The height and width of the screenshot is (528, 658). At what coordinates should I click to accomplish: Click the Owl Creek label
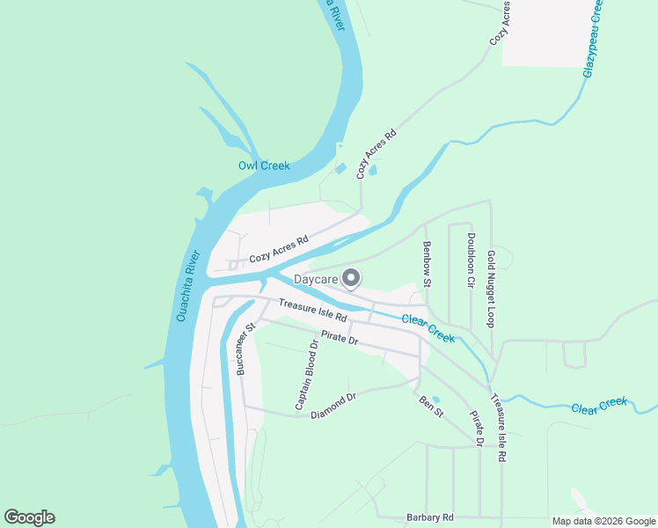click(x=264, y=165)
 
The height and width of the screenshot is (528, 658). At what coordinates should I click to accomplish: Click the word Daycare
click(x=316, y=280)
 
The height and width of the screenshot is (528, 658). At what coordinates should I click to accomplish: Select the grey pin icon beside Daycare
click(x=351, y=278)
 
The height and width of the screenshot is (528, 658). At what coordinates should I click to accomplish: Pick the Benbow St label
click(x=427, y=265)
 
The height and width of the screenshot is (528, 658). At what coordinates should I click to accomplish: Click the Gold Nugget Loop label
click(x=491, y=289)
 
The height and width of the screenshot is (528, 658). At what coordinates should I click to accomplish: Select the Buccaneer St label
click(x=245, y=349)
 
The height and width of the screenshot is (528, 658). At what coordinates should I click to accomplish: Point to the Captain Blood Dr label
click(x=305, y=374)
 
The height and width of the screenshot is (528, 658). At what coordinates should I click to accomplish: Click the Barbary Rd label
click(x=429, y=517)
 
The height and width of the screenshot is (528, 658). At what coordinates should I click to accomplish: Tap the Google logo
click(x=29, y=517)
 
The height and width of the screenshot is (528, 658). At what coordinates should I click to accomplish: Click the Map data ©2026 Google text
click(x=604, y=521)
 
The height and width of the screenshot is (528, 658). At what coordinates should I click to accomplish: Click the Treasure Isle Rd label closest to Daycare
click(x=313, y=310)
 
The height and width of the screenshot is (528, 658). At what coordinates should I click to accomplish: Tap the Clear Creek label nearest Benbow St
click(x=428, y=327)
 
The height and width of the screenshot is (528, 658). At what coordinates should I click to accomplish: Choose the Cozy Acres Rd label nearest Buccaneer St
click(x=279, y=251)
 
